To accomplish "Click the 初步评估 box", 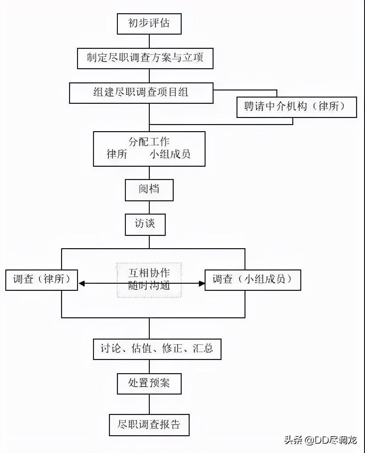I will tap(149, 23).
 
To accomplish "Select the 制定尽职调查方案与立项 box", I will tap(145, 58).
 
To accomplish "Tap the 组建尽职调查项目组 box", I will tap(141, 92).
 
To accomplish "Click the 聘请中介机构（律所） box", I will tap(296, 107).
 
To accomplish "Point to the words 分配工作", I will tap(149, 142).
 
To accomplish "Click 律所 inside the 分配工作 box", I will tap(117, 155).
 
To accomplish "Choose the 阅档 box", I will tap(149, 190).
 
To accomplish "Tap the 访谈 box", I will tap(144, 224).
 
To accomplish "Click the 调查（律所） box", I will tap(42, 279).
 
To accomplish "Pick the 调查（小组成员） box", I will tap(252, 279).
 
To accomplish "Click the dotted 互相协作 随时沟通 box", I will tap(149, 280).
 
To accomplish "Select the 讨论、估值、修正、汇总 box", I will tap(157, 349).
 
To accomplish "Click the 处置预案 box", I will tap(149, 383).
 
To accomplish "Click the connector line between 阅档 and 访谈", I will tap(149, 207).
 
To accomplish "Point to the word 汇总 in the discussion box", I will tap(203, 349).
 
